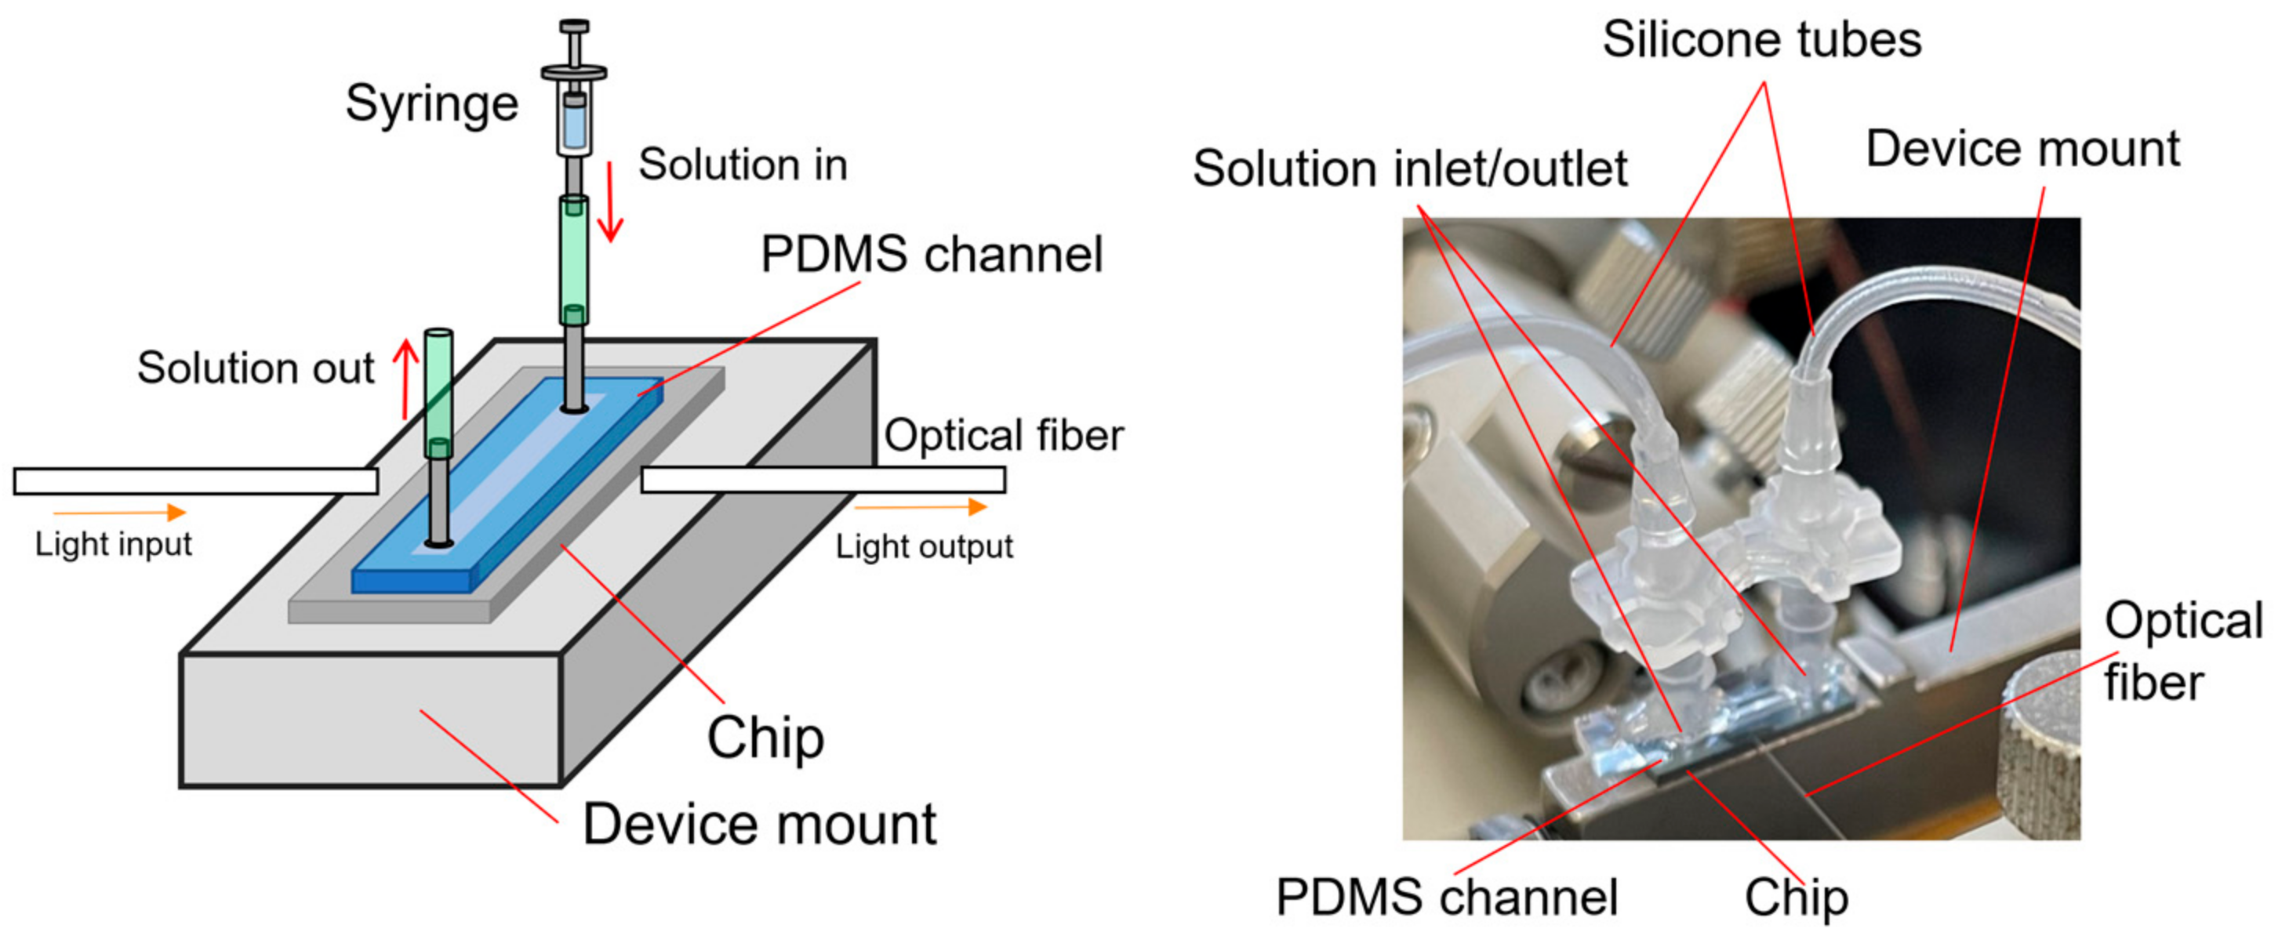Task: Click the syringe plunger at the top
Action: (574, 40)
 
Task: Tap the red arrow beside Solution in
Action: (610, 202)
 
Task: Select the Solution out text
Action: (255, 368)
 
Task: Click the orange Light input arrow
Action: (120, 512)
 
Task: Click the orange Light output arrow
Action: (921, 506)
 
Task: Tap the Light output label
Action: (923, 546)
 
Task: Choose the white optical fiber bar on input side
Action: (195, 481)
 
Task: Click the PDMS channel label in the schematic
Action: (931, 255)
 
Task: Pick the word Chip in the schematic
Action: (765, 738)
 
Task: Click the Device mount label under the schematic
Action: (758, 825)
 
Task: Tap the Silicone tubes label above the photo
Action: (1761, 40)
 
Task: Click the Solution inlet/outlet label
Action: (1408, 169)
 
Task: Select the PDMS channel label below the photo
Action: (1446, 897)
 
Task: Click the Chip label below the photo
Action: (1796, 897)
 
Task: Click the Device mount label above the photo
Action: (2022, 149)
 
